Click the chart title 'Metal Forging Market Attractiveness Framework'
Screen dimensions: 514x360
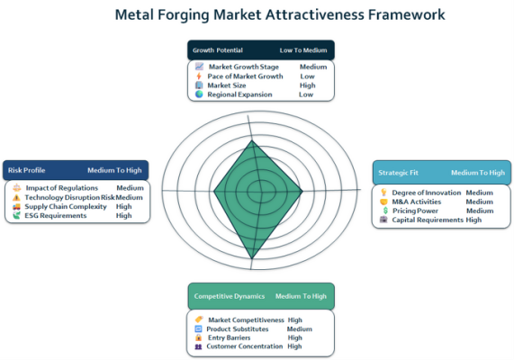280,14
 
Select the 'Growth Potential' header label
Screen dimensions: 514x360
218,50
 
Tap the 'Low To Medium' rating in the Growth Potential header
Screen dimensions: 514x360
303,50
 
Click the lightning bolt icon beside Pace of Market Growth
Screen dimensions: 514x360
199,76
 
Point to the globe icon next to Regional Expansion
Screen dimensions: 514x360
199,94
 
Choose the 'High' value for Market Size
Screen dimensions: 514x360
308,85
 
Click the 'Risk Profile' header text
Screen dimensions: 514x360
26,170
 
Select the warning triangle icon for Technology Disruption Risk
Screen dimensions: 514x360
16,197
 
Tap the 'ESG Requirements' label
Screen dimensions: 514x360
56,215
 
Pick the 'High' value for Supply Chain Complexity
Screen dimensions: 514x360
123,207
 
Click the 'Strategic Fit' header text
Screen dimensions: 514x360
398,173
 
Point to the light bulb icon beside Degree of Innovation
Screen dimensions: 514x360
383,193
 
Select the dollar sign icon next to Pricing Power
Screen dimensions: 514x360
385,211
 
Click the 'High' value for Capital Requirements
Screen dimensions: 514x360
473,220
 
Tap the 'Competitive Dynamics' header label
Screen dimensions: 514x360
230,296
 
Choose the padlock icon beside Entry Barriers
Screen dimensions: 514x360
198,337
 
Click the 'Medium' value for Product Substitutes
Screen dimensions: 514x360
300,328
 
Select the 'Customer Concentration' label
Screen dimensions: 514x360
245,346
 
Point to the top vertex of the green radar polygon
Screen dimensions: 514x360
252,140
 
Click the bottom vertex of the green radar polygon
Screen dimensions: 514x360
252,258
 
